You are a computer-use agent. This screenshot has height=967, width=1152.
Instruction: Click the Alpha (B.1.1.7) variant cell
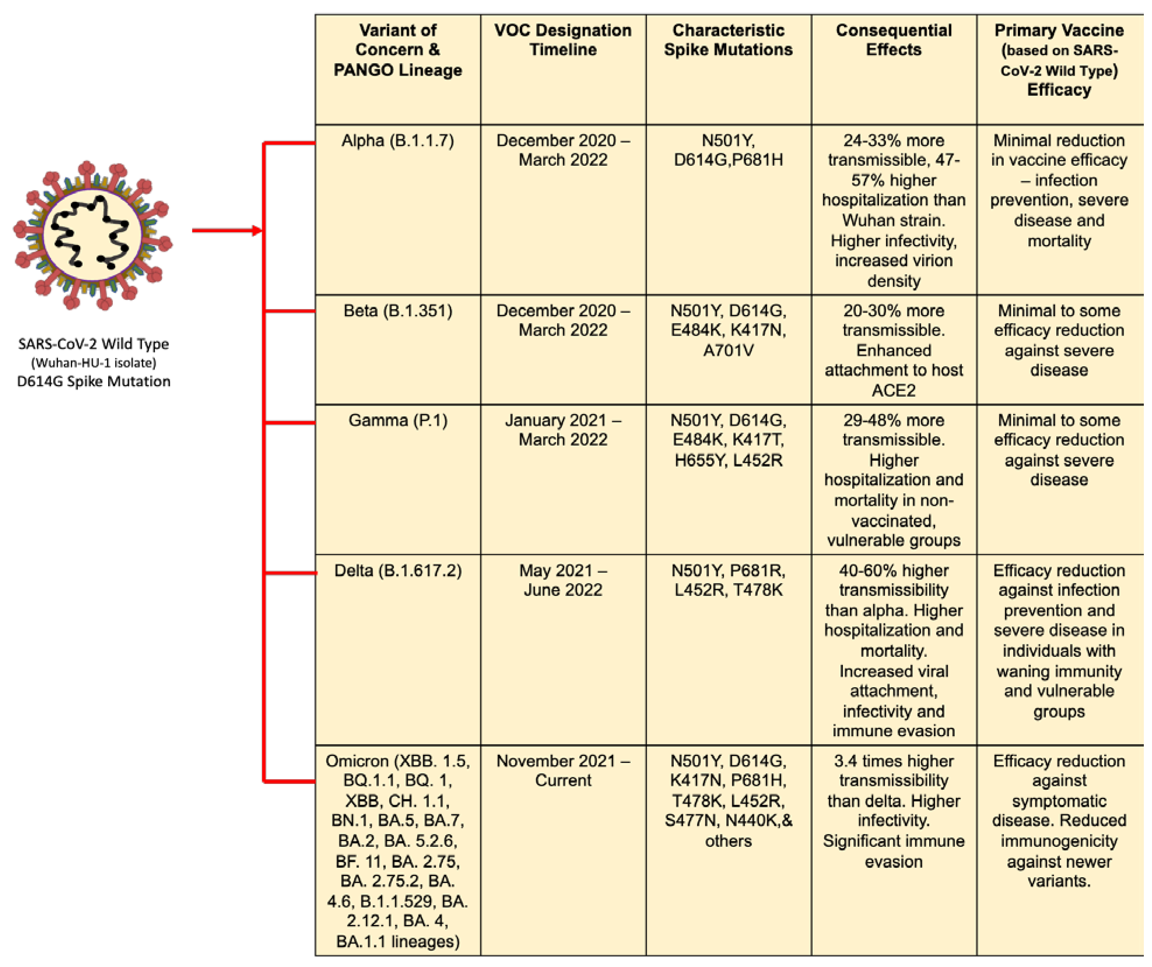(398, 141)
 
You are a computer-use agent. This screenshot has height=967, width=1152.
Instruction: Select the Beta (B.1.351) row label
(398, 311)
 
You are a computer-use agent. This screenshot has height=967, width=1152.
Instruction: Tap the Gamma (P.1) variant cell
(398, 421)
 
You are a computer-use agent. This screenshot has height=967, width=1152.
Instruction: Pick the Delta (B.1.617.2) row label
(398, 571)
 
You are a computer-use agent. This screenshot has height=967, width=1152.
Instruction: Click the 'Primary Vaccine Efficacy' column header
(1059, 59)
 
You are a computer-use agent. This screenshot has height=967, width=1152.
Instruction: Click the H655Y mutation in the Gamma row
(698, 461)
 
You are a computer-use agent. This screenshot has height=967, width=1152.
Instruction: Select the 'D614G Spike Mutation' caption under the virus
(93, 382)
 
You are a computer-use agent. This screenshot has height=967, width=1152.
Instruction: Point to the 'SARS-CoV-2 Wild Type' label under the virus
(93, 344)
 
